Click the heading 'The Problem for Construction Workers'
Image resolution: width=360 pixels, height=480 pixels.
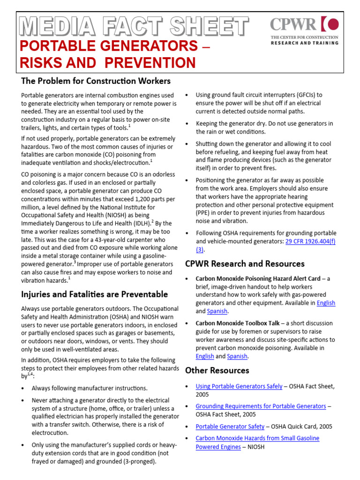coord(96,81)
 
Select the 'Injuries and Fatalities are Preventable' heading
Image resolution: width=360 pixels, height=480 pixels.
coord(94,294)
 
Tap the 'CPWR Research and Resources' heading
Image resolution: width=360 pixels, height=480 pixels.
coord(245,263)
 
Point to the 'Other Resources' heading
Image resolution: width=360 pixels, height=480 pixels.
coord(217,370)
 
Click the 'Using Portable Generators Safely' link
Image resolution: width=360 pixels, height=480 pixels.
coord(239,386)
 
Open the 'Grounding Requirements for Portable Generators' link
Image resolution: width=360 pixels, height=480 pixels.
coord(261,406)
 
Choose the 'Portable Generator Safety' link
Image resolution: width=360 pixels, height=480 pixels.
coord(230,427)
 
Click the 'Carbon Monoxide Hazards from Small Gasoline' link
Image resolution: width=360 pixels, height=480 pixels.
coord(257,438)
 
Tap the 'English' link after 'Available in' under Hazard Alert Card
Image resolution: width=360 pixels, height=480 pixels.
coord(326,303)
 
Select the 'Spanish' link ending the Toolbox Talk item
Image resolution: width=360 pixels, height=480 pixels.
coord(237,356)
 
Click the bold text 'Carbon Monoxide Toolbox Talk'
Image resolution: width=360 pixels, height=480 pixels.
coord(237,323)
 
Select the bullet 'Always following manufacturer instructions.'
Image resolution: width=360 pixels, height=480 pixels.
coord(90,388)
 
